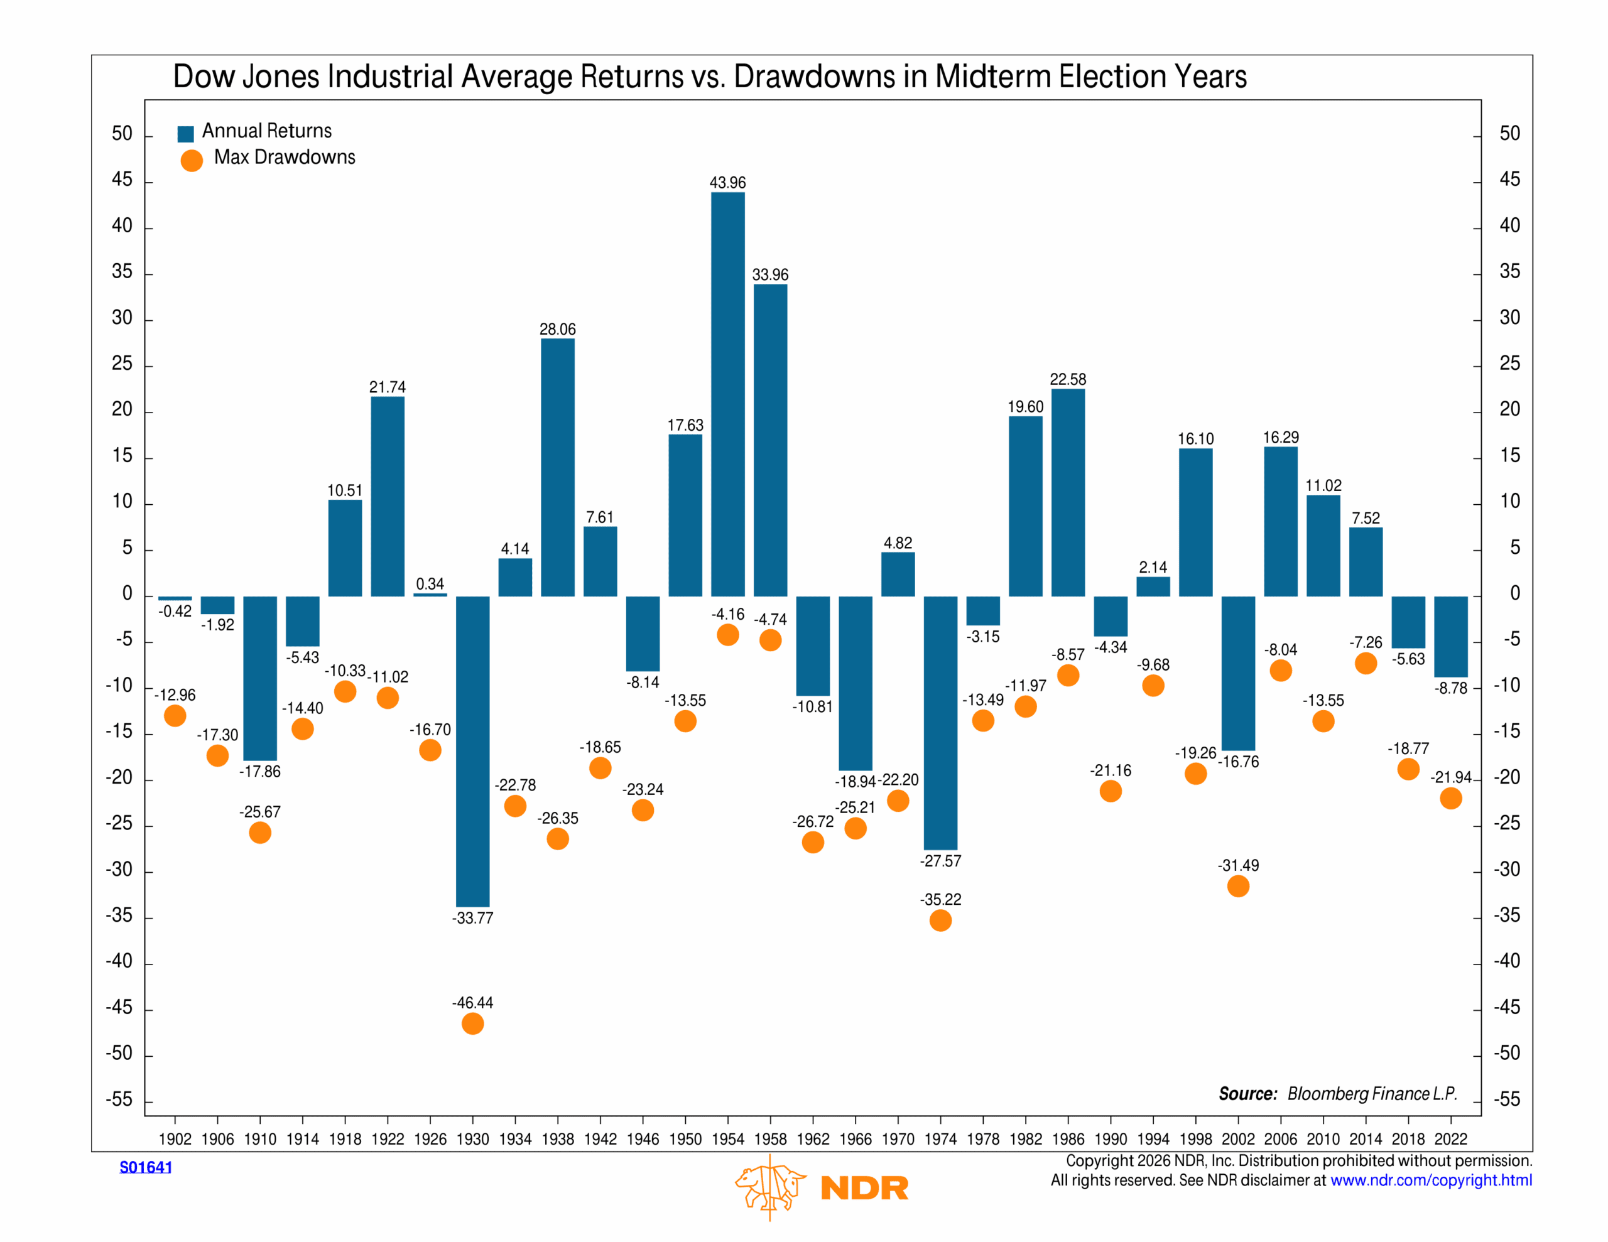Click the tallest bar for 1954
click(x=727, y=394)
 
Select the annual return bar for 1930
click(x=473, y=751)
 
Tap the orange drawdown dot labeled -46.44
click(x=473, y=1023)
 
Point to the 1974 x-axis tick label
click(x=940, y=1139)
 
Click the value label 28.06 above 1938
click(x=557, y=329)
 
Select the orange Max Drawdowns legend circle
click(x=192, y=161)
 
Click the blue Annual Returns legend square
click(x=185, y=133)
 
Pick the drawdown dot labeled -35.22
click(x=940, y=921)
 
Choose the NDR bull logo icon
click(x=769, y=1186)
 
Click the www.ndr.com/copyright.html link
click(x=1431, y=1180)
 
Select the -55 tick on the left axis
click(x=119, y=1099)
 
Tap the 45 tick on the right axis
click(x=1509, y=180)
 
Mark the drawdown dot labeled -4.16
click(x=727, y=635)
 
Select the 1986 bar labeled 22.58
click(x=1068, y=492)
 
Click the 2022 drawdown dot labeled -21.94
click(x=1450, y=798)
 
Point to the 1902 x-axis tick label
click(x=175, y=1139)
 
